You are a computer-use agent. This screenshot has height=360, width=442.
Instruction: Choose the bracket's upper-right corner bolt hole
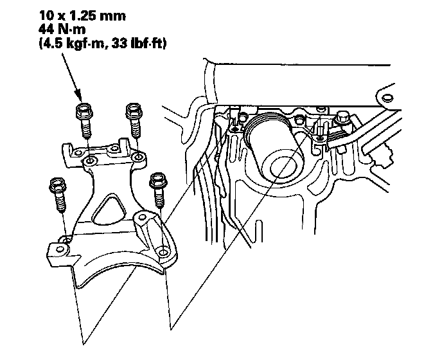(x=138, y=156)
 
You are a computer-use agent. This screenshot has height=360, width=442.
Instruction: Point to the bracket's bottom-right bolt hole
(x=161, y=249)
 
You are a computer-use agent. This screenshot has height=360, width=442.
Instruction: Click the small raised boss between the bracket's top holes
(x=114, y=148)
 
